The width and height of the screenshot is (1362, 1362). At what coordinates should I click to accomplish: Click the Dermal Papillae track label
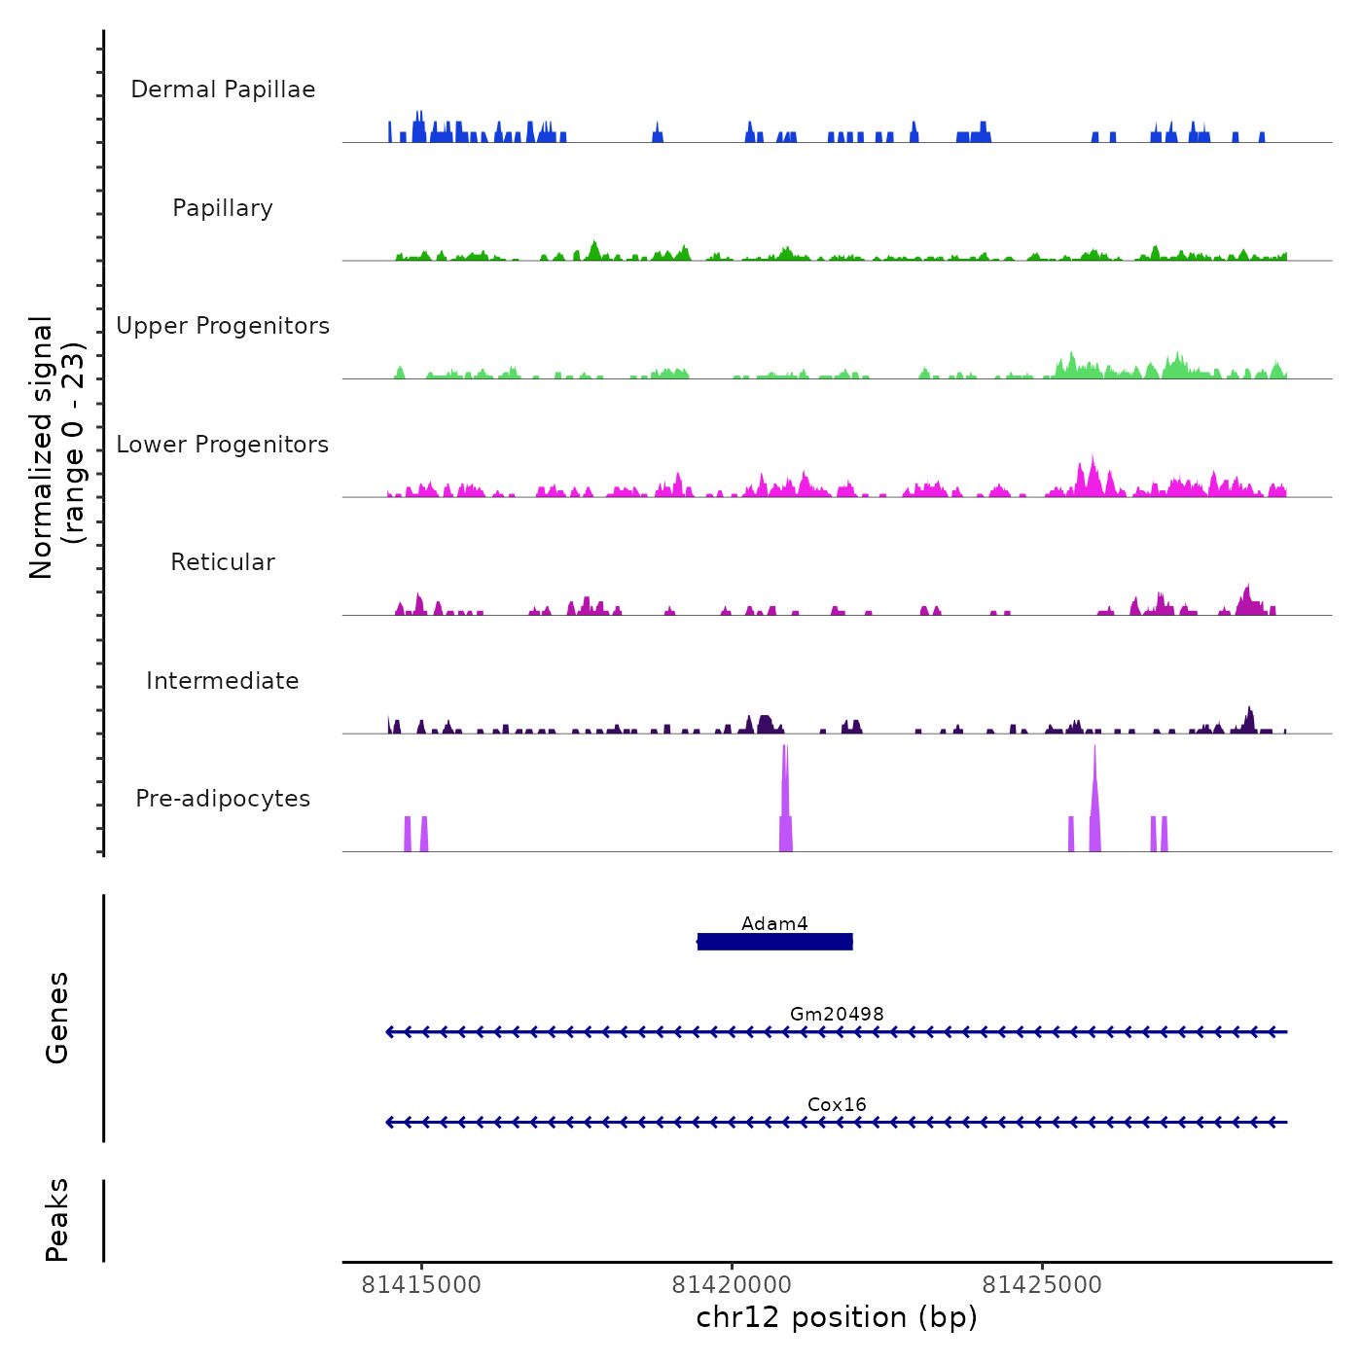pyautogui.click(x=223, y=90)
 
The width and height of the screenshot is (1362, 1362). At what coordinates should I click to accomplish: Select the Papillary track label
pyautogui.click(x=223, y=208)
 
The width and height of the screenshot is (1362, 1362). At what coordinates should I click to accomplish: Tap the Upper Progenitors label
pyautogui.click(x=223, y=326)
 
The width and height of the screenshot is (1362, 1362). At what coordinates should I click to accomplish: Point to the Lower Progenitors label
pyautogui.click(x=223, y=445)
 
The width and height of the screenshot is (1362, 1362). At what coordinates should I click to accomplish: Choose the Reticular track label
pyautogui.click(x=223, y=562)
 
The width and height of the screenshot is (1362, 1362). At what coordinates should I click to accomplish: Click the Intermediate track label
pyautogui.click(x=223, y=681)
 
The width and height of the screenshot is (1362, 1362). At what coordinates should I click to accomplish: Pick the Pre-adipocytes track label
pyautogui.click(x=223, y=799)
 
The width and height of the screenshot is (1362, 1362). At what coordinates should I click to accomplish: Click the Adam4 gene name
pyautogui.click(x=774, y=923)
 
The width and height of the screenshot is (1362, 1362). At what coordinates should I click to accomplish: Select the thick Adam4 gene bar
pyautogui.click(x=774, y=942)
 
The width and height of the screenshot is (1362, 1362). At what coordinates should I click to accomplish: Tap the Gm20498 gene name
pyautogui.click(x=837, y=1014)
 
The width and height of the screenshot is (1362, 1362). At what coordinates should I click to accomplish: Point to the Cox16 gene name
pyautogui.click(x=837, y=1104)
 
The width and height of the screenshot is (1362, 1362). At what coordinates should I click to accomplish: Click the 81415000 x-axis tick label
pyautogui.click(x=421, y=1285)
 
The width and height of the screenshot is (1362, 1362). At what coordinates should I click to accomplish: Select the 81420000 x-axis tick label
pyautogui.click(x=732, y=1285)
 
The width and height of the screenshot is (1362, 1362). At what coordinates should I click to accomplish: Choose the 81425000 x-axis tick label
pyautogui.click(x=1042, y=1285)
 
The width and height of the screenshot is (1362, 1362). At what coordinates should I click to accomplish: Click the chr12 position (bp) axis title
pyautogui.click(x=837, y=1317)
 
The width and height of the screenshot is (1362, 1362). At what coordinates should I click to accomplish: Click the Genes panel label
pyautogui.click(x=57, y=1018)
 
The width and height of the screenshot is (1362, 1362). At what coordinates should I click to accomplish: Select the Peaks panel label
pyautogui.click(x=57, y=1220)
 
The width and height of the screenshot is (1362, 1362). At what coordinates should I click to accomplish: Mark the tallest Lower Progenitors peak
pyautogui.click(x=1093, y=473)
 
